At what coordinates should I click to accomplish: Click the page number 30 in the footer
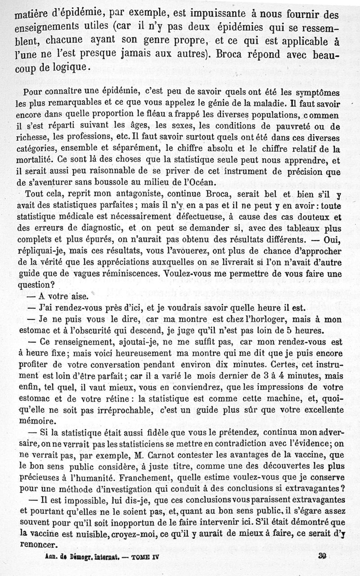[322, 556]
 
